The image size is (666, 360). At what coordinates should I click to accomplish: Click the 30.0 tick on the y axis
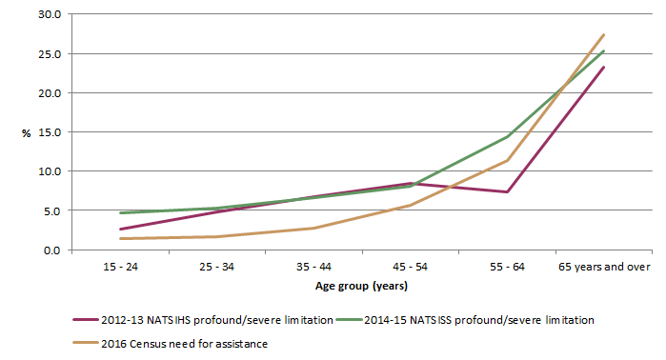(49, 15)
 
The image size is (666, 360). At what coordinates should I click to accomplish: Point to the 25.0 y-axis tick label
(49, 54)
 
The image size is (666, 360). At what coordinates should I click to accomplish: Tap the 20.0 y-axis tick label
(49, 93)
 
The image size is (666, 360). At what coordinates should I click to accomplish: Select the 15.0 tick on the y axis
(49, 132)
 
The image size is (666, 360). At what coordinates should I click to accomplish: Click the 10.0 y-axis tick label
(49, 171)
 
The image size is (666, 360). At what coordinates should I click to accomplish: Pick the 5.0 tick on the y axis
(51, 210)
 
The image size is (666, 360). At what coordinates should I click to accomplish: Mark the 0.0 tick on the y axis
(51, 250)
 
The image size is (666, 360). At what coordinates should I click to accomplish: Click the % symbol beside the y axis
(27, 133)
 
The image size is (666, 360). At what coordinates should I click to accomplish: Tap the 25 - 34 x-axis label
(218, 268)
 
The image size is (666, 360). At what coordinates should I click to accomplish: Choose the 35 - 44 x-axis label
(314, 268)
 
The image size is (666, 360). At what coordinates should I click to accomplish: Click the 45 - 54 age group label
(411, 268)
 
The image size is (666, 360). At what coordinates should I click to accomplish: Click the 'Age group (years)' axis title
(363, 286)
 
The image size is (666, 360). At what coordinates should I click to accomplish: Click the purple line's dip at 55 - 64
(508, 192)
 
